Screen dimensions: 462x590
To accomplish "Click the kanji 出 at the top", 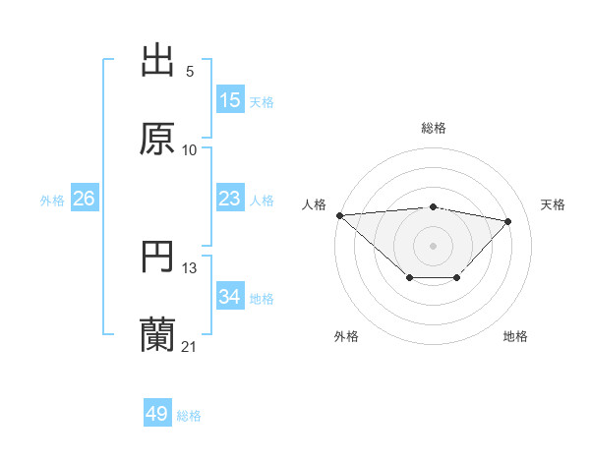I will click(157, 61).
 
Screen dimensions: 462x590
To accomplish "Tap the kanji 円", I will click(157, 257).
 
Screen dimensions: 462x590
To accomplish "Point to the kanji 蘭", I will click(157, 335).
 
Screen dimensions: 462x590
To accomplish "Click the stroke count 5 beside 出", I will click(190, 72).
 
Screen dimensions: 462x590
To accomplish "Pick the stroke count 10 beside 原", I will click(190, 150).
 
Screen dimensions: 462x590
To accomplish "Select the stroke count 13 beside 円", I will click(190, 268).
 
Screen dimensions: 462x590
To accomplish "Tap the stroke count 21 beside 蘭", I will click(190, 347).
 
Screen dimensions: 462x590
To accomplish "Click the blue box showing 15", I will click(230, 100).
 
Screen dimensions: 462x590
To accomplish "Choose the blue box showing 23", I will click(230, 199).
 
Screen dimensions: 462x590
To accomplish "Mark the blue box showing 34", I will click(230, 297).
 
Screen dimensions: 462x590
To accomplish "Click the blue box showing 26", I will click(84, 199).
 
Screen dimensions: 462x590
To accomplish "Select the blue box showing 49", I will click(157, 414).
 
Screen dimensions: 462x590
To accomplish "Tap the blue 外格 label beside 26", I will click(52, 200).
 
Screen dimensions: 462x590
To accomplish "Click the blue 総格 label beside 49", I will click(189, 415).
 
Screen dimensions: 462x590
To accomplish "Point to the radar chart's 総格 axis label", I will click(434, 128).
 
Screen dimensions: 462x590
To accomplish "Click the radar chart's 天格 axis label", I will click(554, 204).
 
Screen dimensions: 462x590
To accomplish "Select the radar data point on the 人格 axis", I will click(339, 215).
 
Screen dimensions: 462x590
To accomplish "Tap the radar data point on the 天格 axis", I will click(508, 221).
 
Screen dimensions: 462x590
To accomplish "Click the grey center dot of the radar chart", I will click(434, 245).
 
